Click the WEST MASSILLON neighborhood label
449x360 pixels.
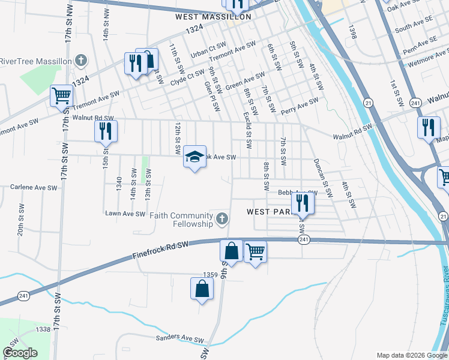213,17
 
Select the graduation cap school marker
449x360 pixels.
194,157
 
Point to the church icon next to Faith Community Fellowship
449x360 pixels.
222,220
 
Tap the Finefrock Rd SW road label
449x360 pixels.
160,250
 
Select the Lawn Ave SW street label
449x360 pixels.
125,214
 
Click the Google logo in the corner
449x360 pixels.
20,353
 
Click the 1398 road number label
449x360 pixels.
352,32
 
